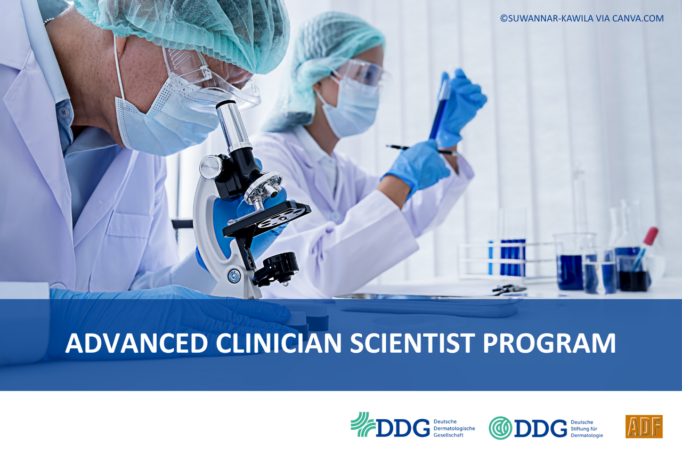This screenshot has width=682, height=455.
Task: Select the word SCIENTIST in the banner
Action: click(412, 343)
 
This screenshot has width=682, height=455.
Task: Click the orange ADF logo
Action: click(644, 426)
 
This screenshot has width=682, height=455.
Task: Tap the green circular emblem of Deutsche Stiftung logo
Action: click(500, 428)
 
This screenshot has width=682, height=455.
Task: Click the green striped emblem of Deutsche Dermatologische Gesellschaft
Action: click(363, 425)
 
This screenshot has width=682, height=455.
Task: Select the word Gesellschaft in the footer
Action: click(449, 435)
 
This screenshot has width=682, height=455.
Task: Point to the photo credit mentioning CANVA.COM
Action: click(582, 18)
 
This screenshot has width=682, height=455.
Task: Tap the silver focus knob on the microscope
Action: click(210, 167)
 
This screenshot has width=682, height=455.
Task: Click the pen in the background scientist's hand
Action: click(421, 150)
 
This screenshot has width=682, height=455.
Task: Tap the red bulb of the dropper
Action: click(652, 236)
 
